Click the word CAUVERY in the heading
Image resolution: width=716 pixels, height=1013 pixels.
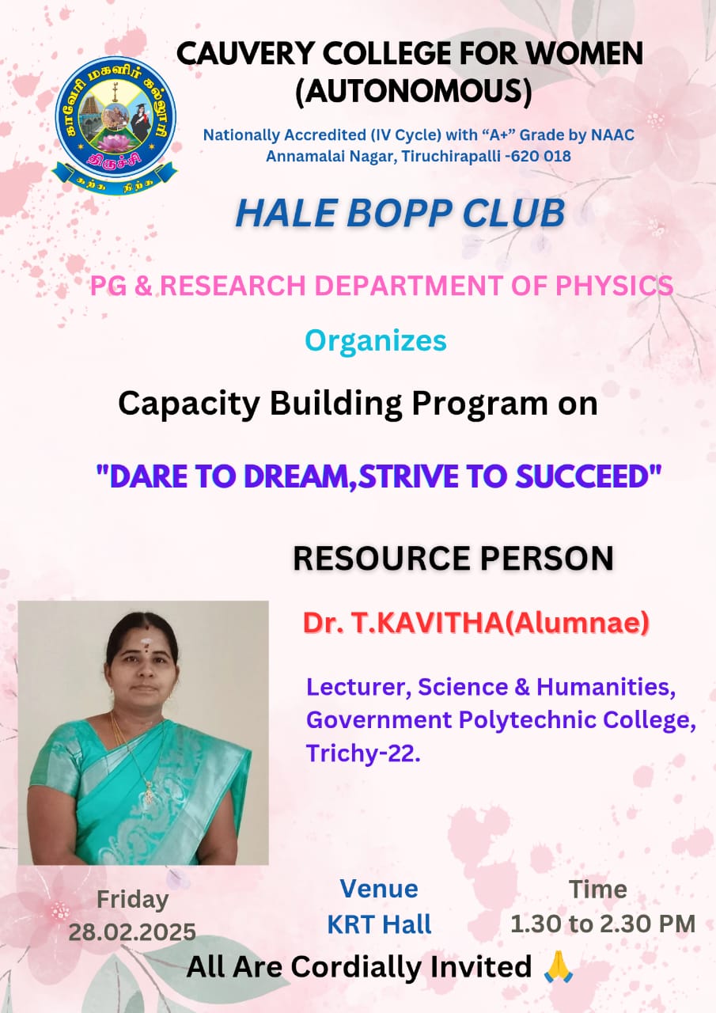tap(245, 53)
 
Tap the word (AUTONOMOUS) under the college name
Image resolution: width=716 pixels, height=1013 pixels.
tap(414, 92)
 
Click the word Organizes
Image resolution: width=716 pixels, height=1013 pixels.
tap(376, 341)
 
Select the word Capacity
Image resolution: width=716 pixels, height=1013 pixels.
tap(189, 404)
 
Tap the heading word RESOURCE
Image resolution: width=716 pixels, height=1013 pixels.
tap(382, 559)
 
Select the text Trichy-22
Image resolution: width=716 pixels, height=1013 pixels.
tap(363, 753)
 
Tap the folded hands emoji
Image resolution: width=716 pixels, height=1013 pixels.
tap(559, 967)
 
